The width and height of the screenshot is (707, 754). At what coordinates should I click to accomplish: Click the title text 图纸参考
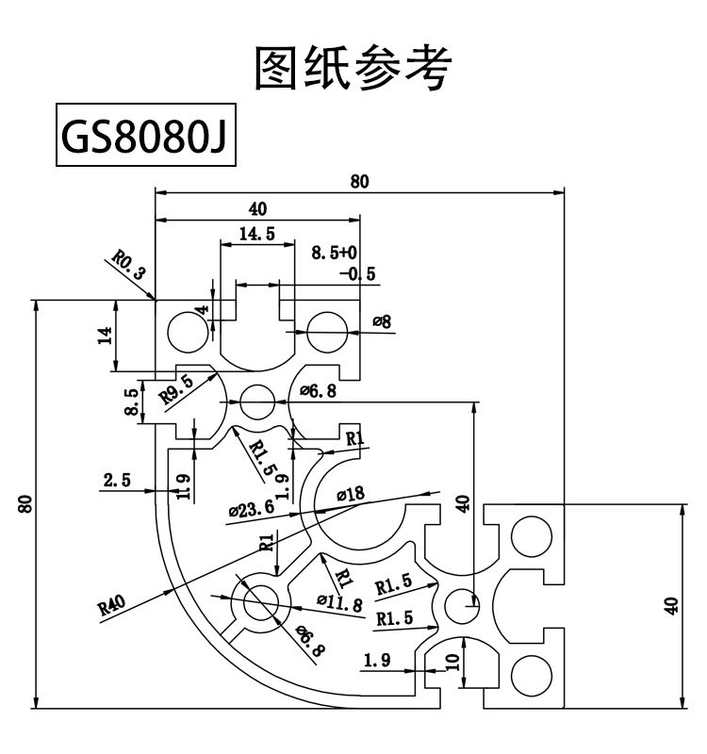point(353,70)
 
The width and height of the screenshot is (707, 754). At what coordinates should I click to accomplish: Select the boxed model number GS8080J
point(145,139)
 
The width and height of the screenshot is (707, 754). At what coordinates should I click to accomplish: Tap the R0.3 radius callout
point(129,265)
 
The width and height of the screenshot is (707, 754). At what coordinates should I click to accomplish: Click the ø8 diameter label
point(382,322)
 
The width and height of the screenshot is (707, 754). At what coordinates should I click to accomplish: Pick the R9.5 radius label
point(176,387)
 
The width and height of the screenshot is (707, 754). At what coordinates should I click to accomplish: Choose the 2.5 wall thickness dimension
point(118,481)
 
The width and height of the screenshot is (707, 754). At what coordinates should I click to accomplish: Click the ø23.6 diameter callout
point(252,509)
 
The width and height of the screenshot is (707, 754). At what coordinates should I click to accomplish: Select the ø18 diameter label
point(352,493)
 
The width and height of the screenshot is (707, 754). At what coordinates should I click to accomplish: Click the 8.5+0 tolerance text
point(334,253)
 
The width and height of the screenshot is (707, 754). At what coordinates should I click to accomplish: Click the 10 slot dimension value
point(452,662)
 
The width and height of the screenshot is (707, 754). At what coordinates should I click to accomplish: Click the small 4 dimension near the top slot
point(202,311)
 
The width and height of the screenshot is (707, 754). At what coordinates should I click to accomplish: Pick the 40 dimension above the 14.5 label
point(256,208)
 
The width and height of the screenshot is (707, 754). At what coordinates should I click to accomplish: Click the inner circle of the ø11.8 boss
point(258,600)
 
